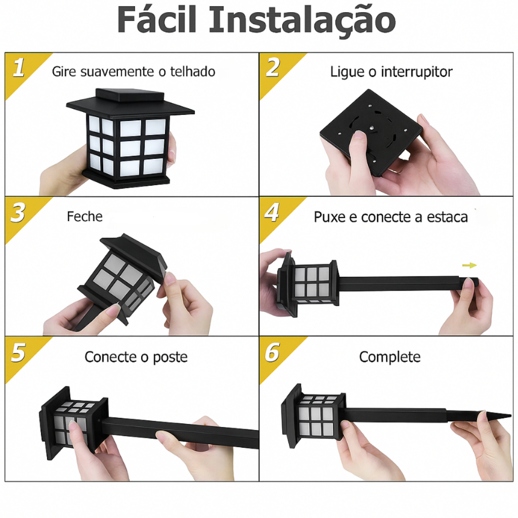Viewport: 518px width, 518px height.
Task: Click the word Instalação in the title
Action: click(303, 21)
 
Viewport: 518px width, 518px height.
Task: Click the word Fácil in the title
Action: click(157, 19)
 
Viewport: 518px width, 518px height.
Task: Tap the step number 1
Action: click(19, 68)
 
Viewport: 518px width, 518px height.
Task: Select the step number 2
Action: click(273, 67)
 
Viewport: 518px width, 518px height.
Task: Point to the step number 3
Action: click(18, 213)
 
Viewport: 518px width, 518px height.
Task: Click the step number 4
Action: click(272, 212)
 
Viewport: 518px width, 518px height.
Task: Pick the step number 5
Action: click(19, 352)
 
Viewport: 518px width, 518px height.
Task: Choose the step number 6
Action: click(272, 352)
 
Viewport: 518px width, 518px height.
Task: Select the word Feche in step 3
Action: click(84, 217)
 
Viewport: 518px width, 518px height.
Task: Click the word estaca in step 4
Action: click(447, 218)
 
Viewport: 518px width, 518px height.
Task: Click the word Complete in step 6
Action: click(390, 357)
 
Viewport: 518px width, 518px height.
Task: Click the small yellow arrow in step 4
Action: click(469, 265)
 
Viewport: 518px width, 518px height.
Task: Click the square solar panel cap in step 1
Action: click(130, 95)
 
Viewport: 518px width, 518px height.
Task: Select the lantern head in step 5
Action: click(73, 423)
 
